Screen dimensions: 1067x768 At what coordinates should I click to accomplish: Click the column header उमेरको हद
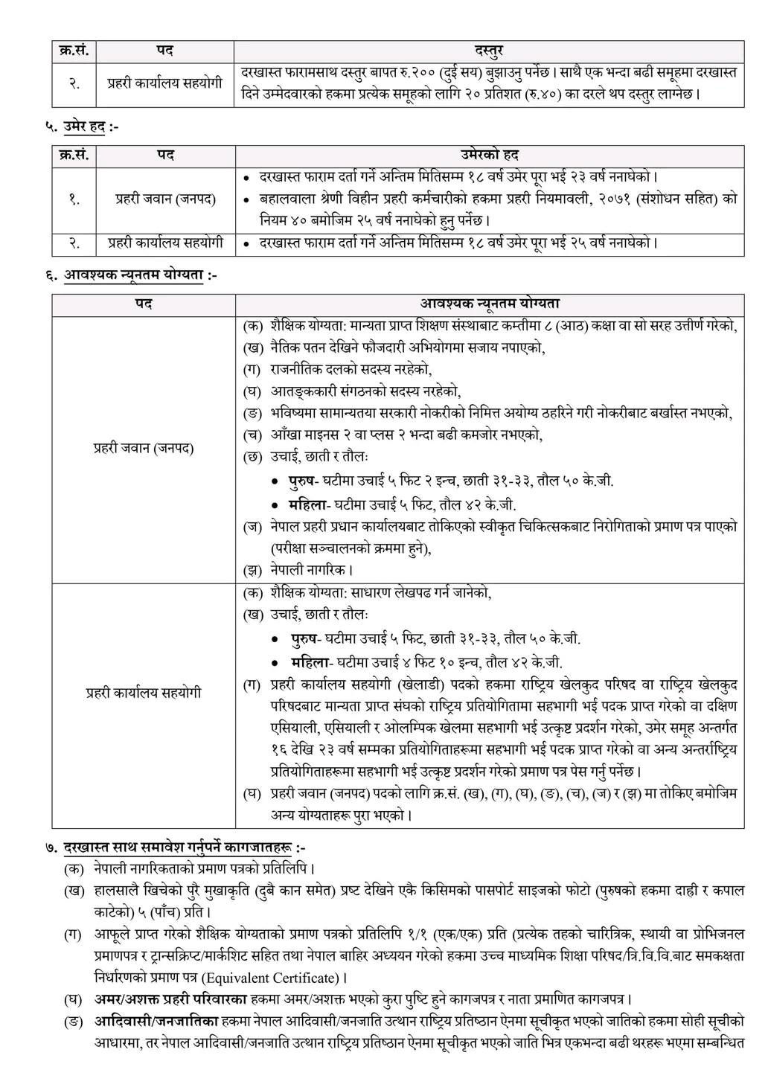click(488, 155)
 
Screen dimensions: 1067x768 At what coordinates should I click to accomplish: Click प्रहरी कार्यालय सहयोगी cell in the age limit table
click(165, 243)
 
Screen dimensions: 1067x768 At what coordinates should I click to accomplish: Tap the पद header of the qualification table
click(143, 304)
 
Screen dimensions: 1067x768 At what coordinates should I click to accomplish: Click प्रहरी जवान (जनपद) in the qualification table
click(144, 449)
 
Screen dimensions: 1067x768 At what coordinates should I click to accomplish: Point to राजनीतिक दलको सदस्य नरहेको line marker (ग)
click(253, 369)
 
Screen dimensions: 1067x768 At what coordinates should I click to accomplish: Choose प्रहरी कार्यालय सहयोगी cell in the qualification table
click(144, 692)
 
